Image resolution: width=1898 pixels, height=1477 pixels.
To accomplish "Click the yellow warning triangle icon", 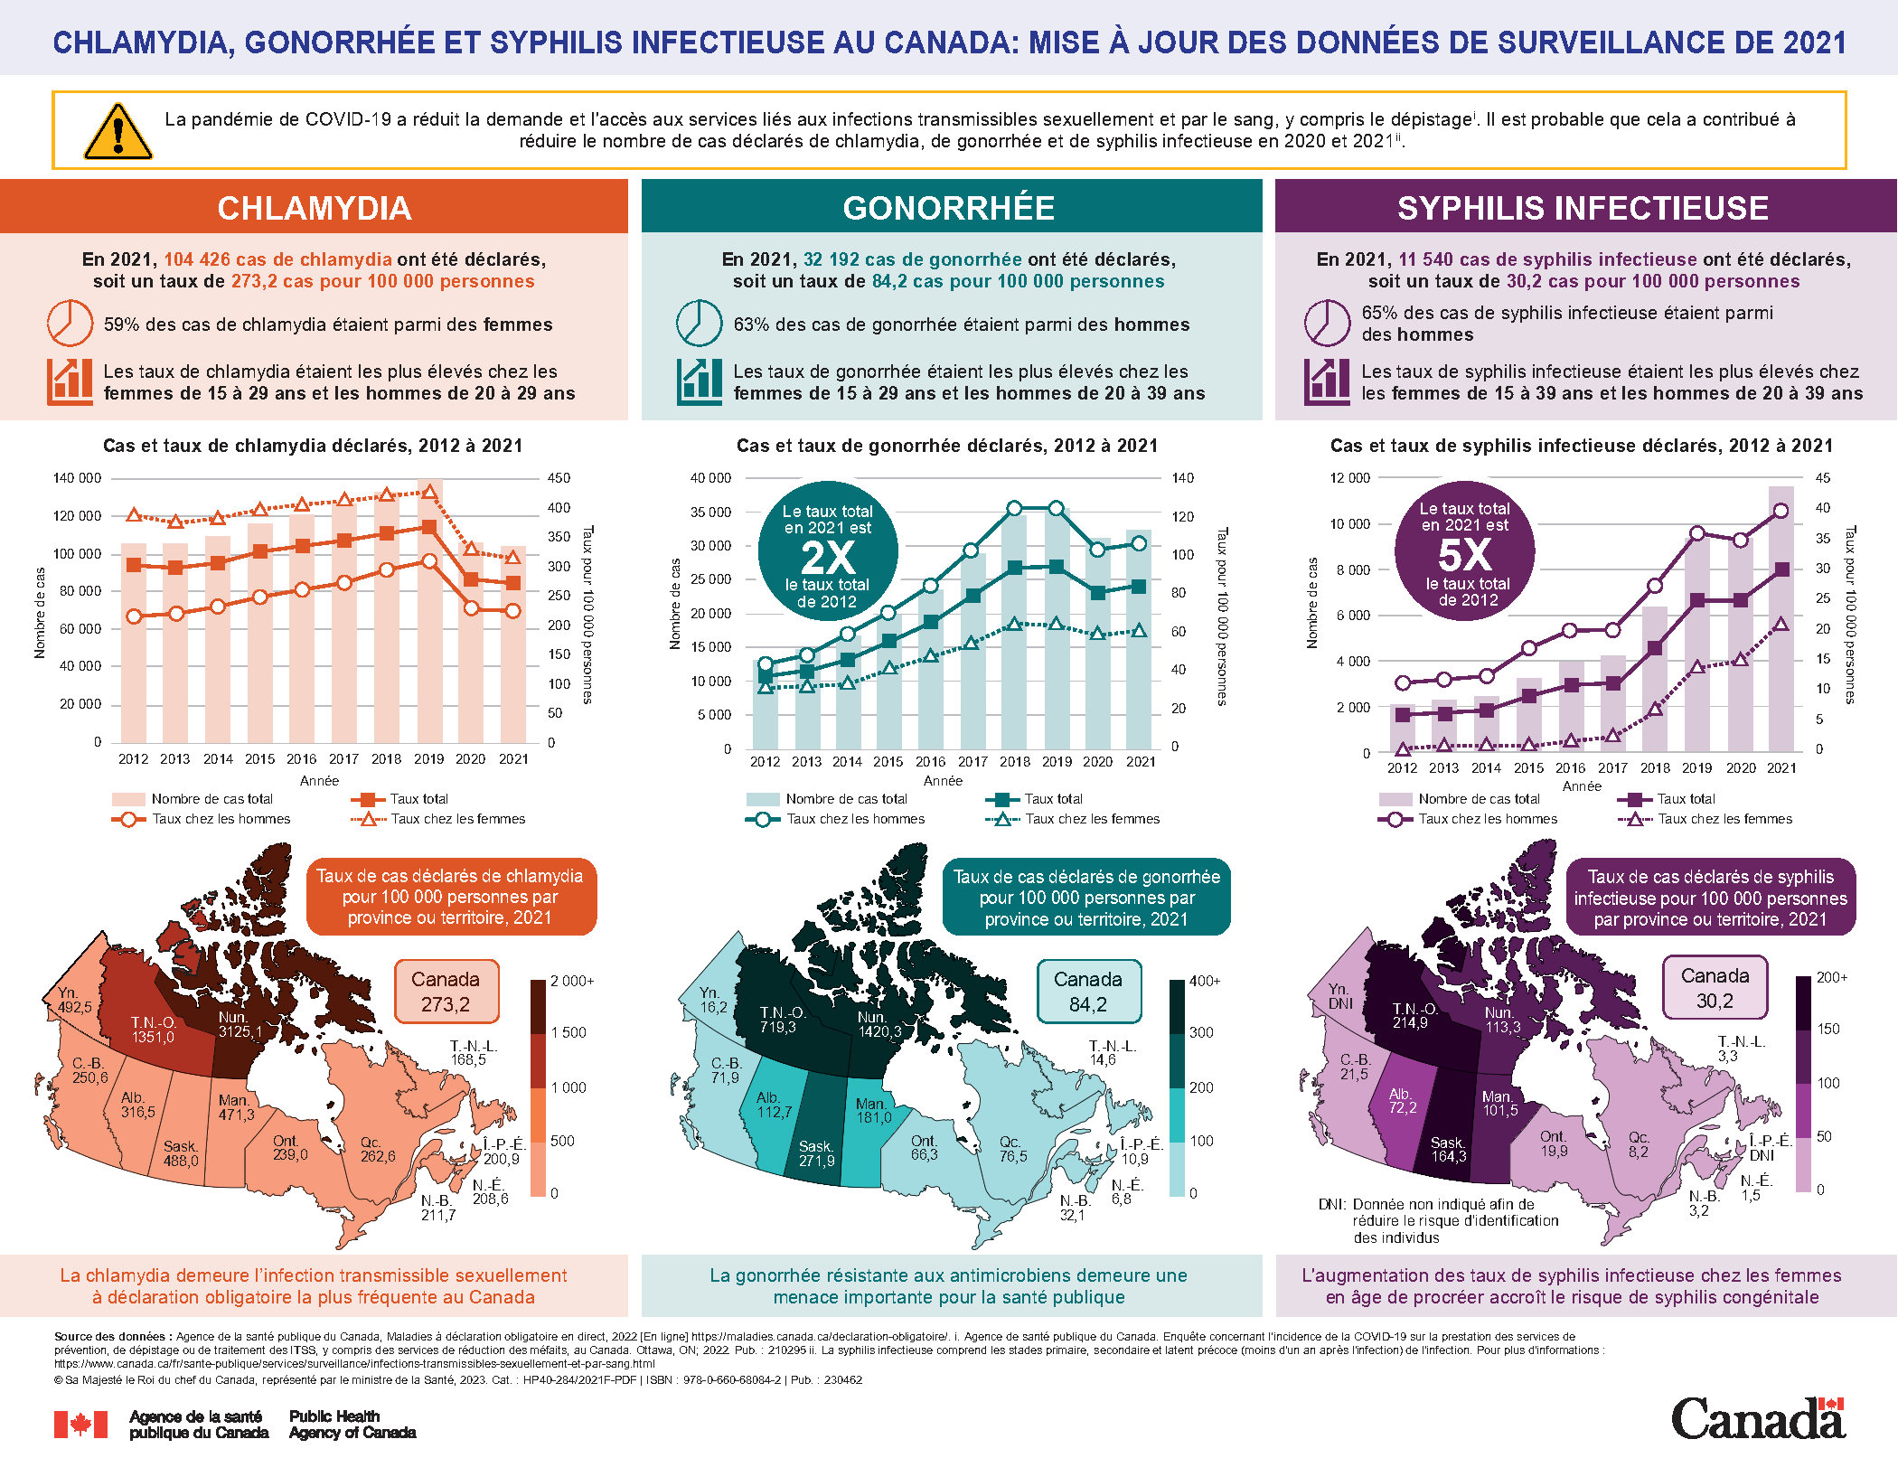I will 117,132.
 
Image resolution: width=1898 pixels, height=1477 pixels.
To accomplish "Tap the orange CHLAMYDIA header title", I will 314,208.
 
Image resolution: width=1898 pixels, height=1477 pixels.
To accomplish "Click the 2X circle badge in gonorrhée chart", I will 827,551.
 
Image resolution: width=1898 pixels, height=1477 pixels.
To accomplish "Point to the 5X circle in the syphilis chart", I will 1465,551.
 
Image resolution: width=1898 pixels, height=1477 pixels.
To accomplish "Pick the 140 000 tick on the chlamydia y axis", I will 78,478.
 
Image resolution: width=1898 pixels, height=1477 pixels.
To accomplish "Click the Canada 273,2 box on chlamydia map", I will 446,992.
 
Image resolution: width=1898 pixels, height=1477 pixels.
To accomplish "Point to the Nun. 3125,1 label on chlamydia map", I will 240,1025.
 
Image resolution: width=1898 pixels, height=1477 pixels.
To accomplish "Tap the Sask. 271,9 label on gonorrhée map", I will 816,1153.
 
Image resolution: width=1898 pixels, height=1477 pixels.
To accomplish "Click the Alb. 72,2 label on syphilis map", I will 1402,1101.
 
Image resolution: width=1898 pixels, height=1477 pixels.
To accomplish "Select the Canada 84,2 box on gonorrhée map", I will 1088,992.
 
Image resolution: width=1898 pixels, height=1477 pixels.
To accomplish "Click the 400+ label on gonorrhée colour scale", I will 1204,981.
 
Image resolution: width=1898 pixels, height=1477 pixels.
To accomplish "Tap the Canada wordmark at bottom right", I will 1757,1418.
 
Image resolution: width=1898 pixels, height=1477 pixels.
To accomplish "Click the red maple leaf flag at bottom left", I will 80,1425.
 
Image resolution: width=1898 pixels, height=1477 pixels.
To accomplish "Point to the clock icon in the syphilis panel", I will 1327,323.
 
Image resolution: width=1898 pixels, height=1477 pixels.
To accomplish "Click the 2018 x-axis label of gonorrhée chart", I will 1014,761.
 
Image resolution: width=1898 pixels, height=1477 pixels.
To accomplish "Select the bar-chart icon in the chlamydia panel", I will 70,381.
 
